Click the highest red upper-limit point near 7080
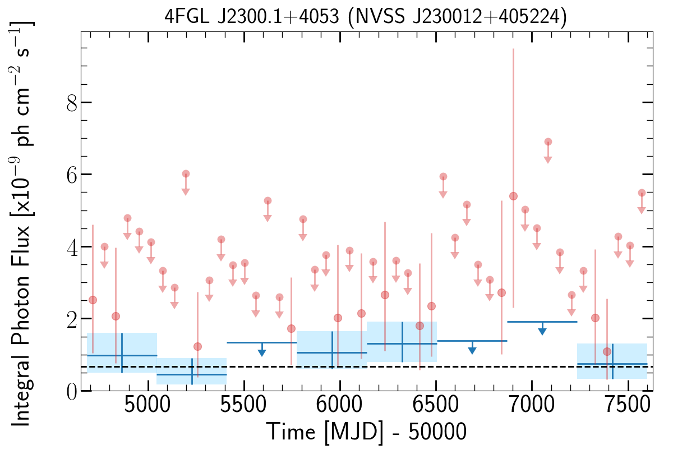(x=548, y=141)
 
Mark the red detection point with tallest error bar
(x=513, y=196)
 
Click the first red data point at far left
(x=93, y=300)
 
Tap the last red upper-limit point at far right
(x=642, y=193)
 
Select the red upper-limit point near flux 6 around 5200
(x=186, y=174)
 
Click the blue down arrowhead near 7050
(x=542, y=331)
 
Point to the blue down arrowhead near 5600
(x=262, y=352)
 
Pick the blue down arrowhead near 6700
(x=472, y=350)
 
